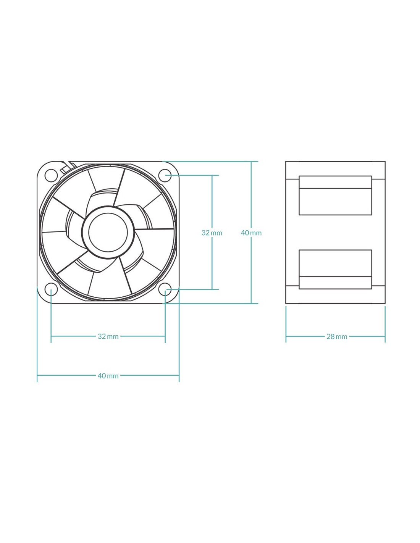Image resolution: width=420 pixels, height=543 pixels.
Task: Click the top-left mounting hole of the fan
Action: tap(51, 175)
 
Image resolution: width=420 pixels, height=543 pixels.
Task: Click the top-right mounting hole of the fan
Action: tap(165, 175)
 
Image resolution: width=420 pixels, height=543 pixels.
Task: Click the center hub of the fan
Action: tap(108, 233)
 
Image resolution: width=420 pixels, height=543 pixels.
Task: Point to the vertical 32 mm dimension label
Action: tap(212, 233)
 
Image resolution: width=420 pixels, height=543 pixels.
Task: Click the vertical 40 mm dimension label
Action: tap(251, 233)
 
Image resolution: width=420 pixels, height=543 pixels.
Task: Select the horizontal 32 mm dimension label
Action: tap(108, 336)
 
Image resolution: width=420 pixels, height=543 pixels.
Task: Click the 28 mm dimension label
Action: tap(337, 336)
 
